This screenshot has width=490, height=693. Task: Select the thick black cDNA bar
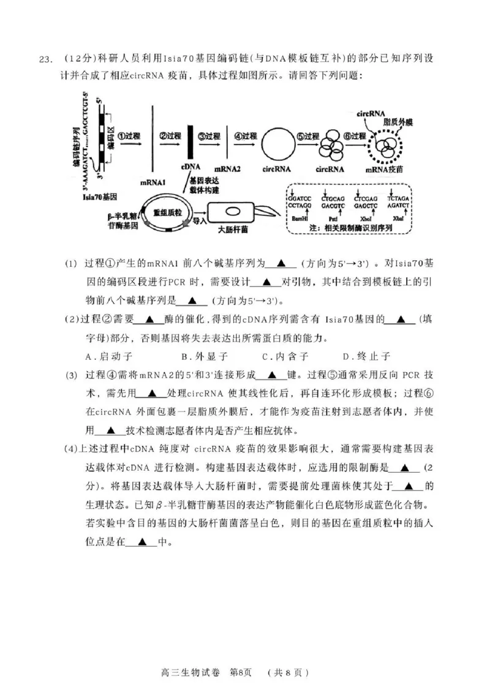190,144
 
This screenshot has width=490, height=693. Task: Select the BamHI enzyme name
300,217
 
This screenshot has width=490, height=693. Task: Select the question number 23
47,59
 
